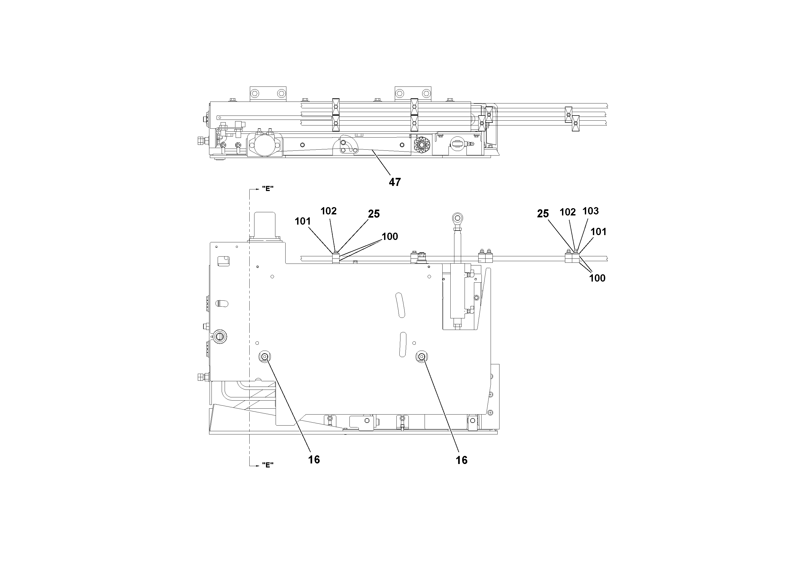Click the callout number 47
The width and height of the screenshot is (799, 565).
click(x=395, y=182)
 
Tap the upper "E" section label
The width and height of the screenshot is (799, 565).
click(x=267, y=189)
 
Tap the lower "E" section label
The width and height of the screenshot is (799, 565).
click(x=267, y=465)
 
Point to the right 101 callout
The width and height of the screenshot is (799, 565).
click(x=598, y=232)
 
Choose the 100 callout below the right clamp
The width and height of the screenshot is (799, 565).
click(x=597, y=278)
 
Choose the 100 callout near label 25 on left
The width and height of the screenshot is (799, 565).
click(x=390, y=236)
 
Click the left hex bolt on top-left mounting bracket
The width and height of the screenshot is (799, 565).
click(x=255, y=93)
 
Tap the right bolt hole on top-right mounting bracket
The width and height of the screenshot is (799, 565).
click(x=426, y=93)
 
